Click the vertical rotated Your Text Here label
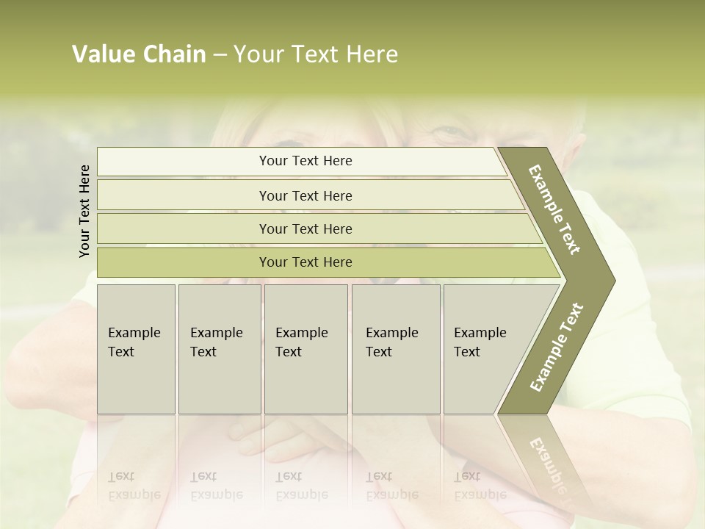(84, 211)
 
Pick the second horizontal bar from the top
(305, 195)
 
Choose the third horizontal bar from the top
(305, 228)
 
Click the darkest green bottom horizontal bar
(305, 262)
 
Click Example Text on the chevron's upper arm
(554, 209)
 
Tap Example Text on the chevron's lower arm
(556, 347)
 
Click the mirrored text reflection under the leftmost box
(134, 486)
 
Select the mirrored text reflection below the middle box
(301, 486)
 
